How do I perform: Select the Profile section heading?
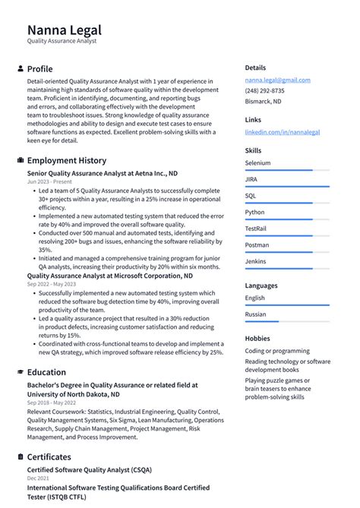39,68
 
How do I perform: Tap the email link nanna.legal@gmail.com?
277,80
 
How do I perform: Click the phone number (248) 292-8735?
265,90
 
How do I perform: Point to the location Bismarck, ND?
263,101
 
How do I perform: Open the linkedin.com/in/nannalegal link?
282,131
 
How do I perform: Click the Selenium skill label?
257,163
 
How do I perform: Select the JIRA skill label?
251,179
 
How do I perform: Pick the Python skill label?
255,213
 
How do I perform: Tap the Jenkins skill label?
256,261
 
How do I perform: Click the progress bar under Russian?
286,322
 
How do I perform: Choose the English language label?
255,298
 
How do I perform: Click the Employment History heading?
67,160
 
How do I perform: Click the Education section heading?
46,372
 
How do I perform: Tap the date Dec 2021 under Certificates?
38,478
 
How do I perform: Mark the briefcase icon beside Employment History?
20,160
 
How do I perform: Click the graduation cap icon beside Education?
20,372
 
